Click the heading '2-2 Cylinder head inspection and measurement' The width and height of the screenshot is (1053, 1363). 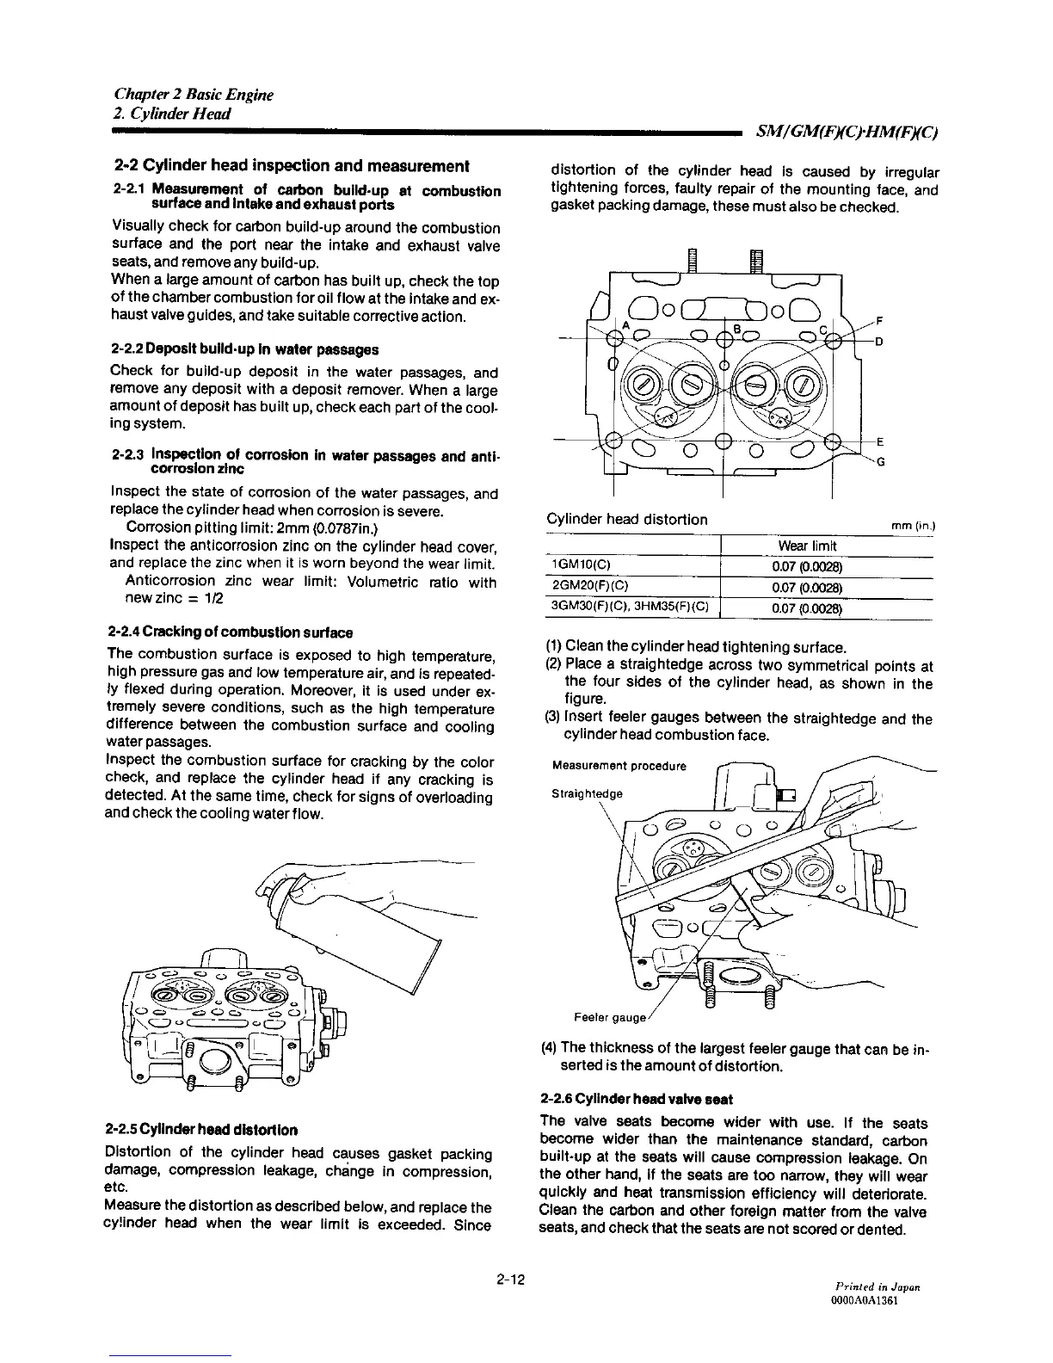click(292, 165)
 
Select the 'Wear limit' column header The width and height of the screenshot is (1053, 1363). click(807, 546)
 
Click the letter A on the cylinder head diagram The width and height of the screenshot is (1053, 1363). click(625, 325)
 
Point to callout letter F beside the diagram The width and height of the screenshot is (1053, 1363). click(877, 321)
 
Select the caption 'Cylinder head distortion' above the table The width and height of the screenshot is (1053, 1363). click(627, 519)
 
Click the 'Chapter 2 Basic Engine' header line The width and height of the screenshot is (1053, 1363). click(194, 95)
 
